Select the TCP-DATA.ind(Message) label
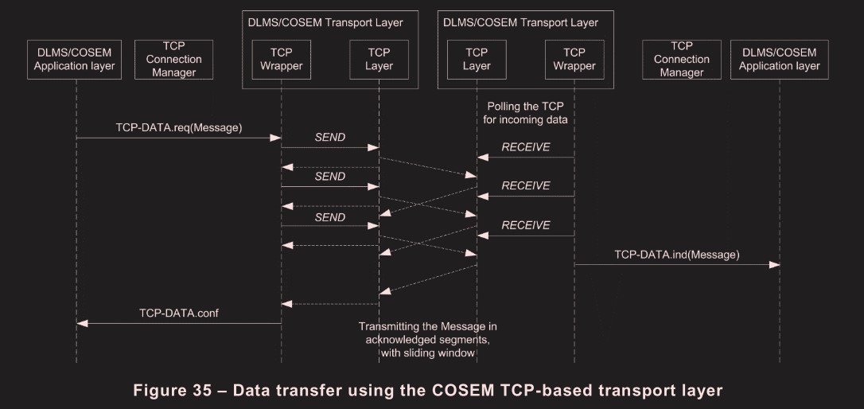pyautogui.click(x=677, y=255)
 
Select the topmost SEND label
pyautogui.click(x=329, y=137)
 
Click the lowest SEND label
pyautogui.click(x=329, y=216)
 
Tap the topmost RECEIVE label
pyautogui.click(x=525, y=147)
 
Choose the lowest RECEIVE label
pyautogui.click(x=525, y=225)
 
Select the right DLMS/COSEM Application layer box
pyautogui.click(x=779, y=59)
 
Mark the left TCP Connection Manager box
pyautogui.click(x=173, y=59)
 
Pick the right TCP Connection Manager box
pyautogui.click(x=681, y=59)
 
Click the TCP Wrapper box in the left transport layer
pyautogui.click(x=281, y=59)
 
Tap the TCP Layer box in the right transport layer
pyautogui.click(x=477, y=59)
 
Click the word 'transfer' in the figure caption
pyautogui.click(x=309, y=391)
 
